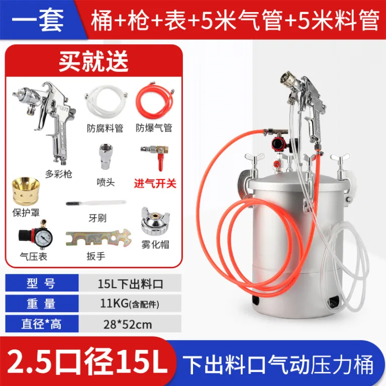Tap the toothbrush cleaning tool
click(x=96, y=203)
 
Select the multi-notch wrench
click(x=98, y=238)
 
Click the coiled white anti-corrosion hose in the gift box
click(x=107, y=102)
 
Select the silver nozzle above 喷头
click(x=107, y=157)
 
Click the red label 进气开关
click(x=155, y=183)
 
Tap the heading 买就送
click(x=93, y=60)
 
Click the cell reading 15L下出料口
click(x=130, y=284)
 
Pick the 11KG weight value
click(x=114, y=304)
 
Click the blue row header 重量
click(x=41, y=304)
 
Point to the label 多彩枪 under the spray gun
click(x=59, y=174)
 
